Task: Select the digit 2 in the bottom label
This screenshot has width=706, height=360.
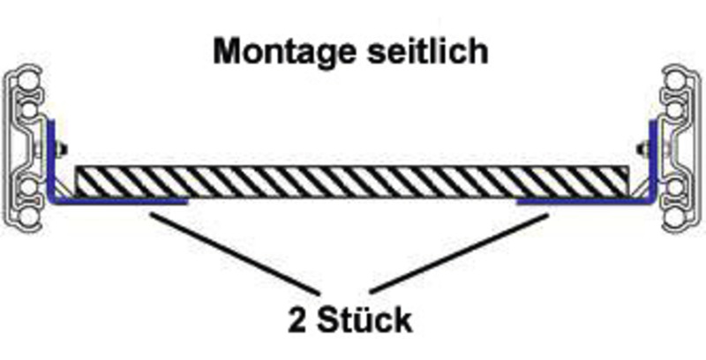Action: point(297,320)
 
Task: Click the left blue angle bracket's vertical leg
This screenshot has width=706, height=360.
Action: point(52,159)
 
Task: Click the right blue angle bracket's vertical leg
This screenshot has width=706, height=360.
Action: point(654,159)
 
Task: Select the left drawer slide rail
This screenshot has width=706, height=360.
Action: point(26,146)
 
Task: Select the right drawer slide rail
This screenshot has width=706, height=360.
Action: point(680,146)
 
